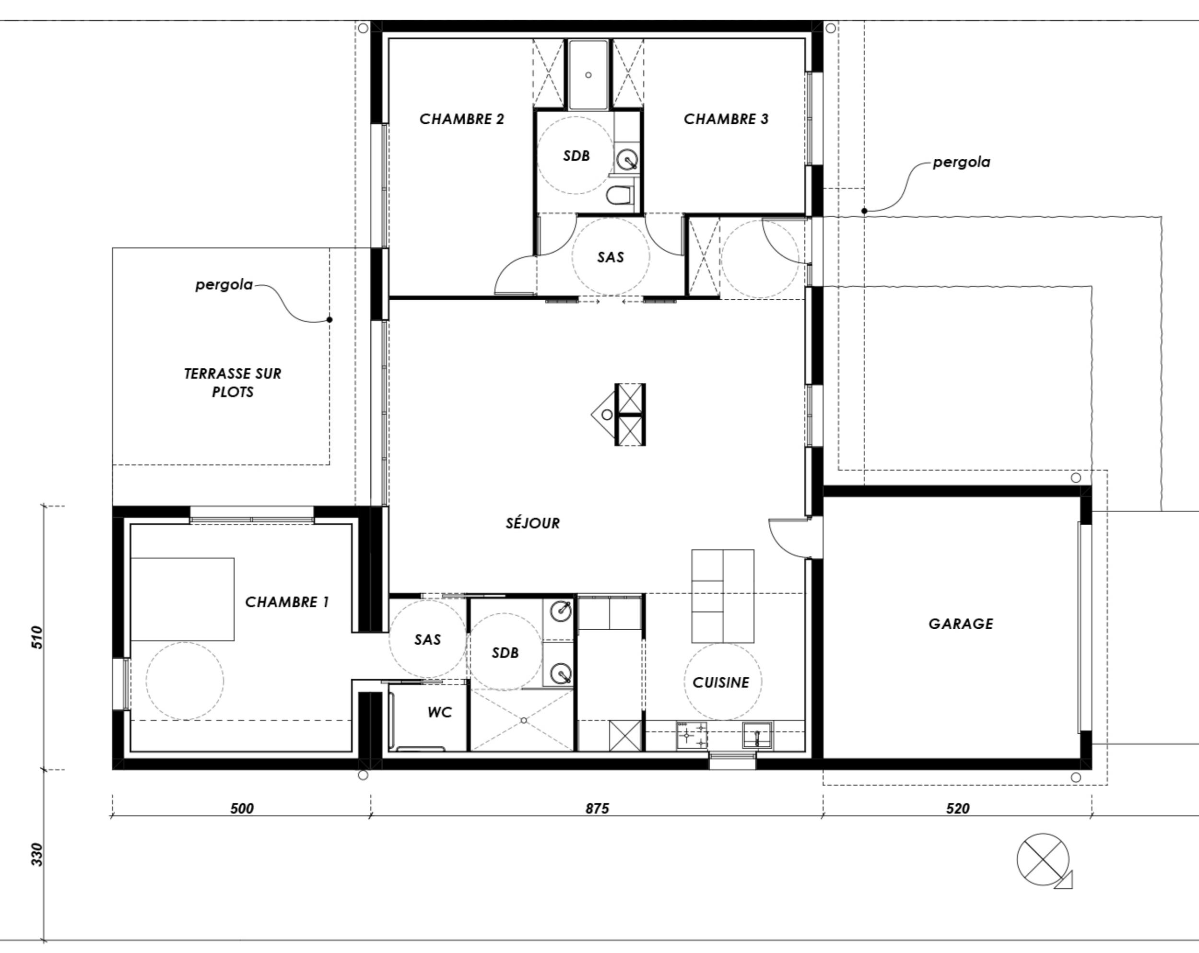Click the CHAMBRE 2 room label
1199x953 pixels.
(x=461, y=119)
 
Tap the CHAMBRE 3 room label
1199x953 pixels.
(x=726, y=119)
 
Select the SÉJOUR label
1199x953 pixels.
(x=533, y=523)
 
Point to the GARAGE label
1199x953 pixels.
(x=961, y=624)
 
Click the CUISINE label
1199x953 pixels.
(x=721, y=682)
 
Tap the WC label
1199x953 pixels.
(x=439, y=712)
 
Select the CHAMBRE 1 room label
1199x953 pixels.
(x=287, y=602)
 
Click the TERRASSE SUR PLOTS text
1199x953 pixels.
(x=233, y=383)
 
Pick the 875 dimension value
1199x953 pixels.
(x=597, y=809)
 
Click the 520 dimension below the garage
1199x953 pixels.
(x=958, y=809)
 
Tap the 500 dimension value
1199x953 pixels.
(x=242, y=809)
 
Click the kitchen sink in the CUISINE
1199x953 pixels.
(x=757, y=735)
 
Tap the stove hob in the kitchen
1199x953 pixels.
(x=692, y=735)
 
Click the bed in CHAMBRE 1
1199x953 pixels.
(x=182, y=600)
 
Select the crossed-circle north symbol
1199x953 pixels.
(x=1044, y=860)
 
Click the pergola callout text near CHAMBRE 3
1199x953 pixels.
(x=962, y=163)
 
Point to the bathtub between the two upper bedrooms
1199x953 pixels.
(x=588, y=74)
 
